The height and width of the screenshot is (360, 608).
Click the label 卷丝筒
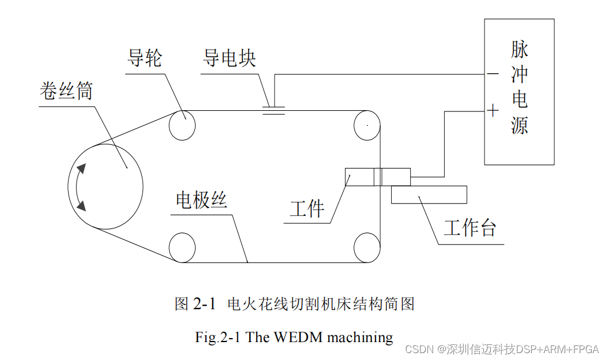[x=66, y=91]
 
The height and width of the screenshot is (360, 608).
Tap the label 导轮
[x=145, y=58]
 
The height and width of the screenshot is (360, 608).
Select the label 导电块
[x=229, y=58]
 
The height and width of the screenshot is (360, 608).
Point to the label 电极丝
[x=202, y=200]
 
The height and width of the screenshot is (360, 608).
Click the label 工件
[x=307, y=208]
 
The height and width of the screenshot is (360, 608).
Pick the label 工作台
[x=470, y=228]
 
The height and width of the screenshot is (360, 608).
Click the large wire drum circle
[x=105, y=186]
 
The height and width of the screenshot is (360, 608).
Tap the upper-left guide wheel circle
[x=182, y=125]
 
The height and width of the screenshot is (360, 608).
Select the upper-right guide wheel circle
[x=367, y=125]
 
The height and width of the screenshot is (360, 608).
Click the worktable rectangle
[x=429, y=194]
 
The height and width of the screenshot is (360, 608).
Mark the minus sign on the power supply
[x=493, y=74]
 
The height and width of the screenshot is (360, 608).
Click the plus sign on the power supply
[x=493, y=110]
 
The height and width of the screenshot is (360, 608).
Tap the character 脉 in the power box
[x=519, y=50]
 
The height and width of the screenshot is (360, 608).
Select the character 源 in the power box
[x=519, y=125]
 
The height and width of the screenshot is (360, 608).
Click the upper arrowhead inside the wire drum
[x=81, y=168]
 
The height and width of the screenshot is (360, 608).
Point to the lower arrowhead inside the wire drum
[x=81, y=204]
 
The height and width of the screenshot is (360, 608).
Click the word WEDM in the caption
[x=295, y=337]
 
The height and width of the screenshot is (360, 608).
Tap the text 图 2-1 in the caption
[x=195, y=303]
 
